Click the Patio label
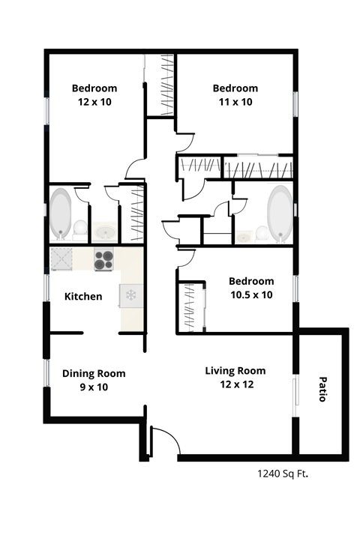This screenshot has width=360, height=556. pos(322,389)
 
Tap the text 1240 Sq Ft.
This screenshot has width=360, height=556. pos(283,473)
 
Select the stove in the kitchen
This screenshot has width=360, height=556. pos(103,260)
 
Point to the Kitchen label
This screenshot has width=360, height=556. pos(82,297)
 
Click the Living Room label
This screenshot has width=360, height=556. pos(235,371)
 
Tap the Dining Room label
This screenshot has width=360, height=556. pos(94,374)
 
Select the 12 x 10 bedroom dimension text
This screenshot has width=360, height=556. pos(94,102)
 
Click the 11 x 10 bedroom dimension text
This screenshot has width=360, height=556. pos(235,102)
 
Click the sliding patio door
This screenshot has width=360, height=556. pos(295,390)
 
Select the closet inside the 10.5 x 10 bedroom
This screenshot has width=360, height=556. pos(190,307)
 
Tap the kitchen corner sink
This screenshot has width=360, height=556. pos(62,259)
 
